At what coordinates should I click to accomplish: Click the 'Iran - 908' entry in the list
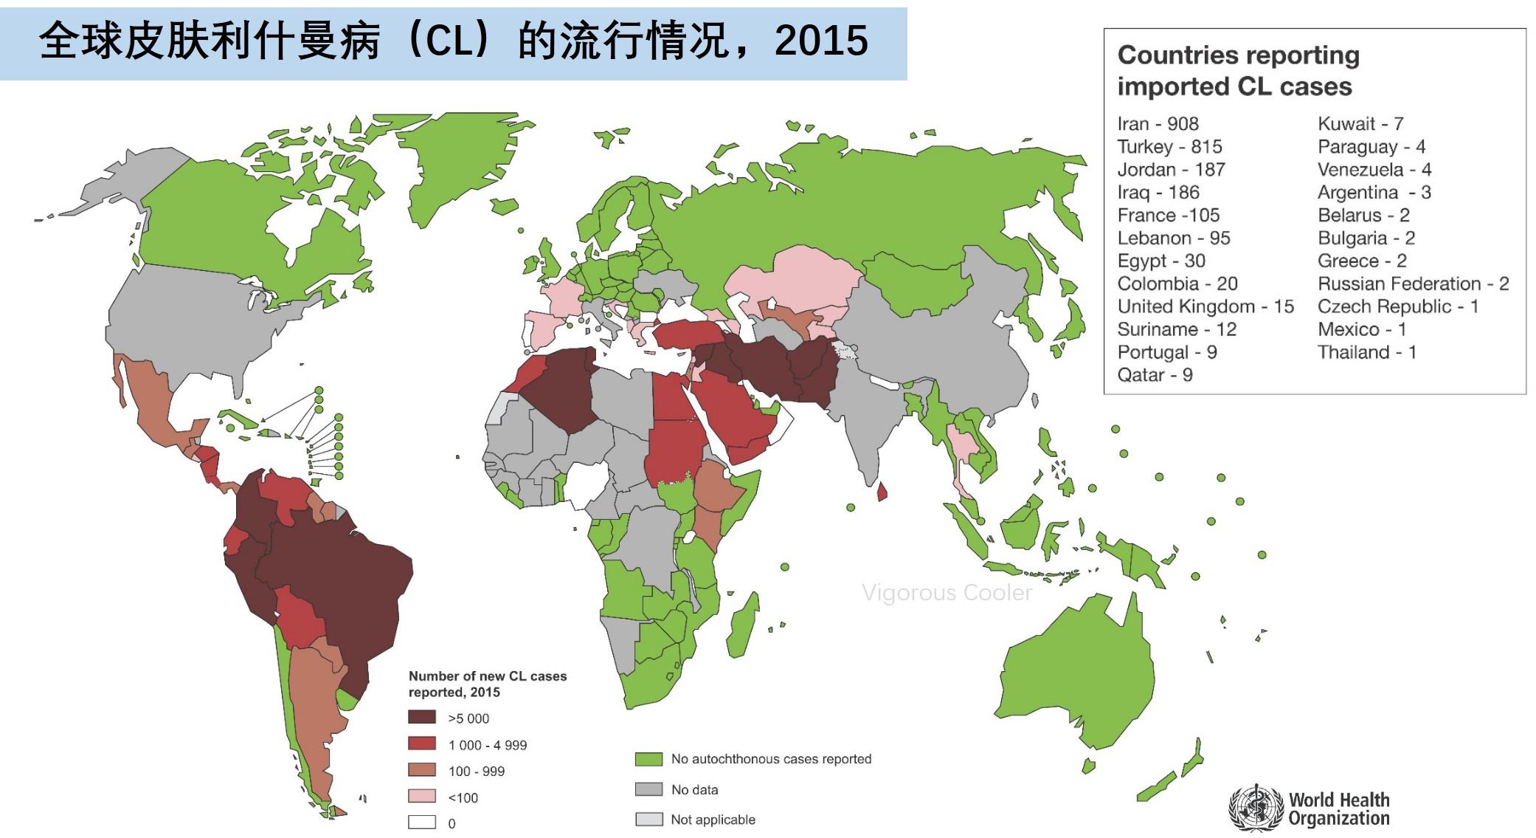(1158, 124)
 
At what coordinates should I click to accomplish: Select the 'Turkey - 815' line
(1169, 147)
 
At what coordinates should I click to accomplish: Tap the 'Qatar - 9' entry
(1155, 375)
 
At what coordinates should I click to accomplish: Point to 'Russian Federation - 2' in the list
(1413, 284)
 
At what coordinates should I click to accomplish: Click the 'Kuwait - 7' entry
(1360, 124)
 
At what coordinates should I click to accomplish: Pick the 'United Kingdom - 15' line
(1205, 307)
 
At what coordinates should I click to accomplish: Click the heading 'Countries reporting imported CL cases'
(1237, 71)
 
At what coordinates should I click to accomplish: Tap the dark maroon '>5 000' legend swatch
(422, 718)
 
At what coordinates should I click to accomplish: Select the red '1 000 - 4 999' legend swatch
(422, 744)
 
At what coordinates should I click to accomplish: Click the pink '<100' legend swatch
(422, 797)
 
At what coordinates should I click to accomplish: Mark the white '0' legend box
(422, 822)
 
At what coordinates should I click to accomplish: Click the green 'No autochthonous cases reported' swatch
(648, 759)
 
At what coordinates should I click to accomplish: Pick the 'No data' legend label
(694, 790)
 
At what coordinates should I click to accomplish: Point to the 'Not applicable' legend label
(713, 820)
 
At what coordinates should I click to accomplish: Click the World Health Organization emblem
(1256, 808)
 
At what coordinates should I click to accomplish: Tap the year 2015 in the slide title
(821, 41)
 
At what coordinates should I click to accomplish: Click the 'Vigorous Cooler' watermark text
(947, 593)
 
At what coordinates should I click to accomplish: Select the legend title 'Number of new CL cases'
(488, 676)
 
